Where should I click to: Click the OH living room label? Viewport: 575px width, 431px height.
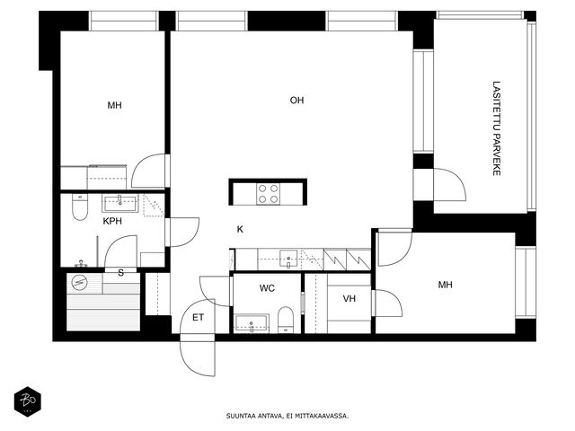(296, 100)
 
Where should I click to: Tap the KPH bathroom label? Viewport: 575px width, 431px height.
(112, 221)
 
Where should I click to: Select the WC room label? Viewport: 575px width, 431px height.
(267, 288)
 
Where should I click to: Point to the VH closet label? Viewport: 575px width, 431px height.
(349, 299)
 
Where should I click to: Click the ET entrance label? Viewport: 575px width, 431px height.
(198, 317)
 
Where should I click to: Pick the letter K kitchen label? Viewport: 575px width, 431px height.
(240, 230)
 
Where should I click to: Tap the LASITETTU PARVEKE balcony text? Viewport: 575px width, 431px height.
(497, 128)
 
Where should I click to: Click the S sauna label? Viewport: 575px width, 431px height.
(120, 273)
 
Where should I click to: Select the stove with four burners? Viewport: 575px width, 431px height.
(268, 194)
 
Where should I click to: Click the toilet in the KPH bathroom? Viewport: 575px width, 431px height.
(80, 207)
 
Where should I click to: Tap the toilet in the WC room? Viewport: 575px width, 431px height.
(286, 320)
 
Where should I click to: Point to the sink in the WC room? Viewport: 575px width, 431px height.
(252, 323)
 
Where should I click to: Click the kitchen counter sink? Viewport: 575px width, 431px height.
(288, 259)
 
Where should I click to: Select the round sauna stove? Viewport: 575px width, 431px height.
(80, 283)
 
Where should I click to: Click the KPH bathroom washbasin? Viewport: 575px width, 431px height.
(120, 204)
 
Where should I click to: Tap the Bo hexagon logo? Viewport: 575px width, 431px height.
(28, 401)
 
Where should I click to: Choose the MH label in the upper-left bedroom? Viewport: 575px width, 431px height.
(114, 106)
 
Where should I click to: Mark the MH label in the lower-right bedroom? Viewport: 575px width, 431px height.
(446, 285)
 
